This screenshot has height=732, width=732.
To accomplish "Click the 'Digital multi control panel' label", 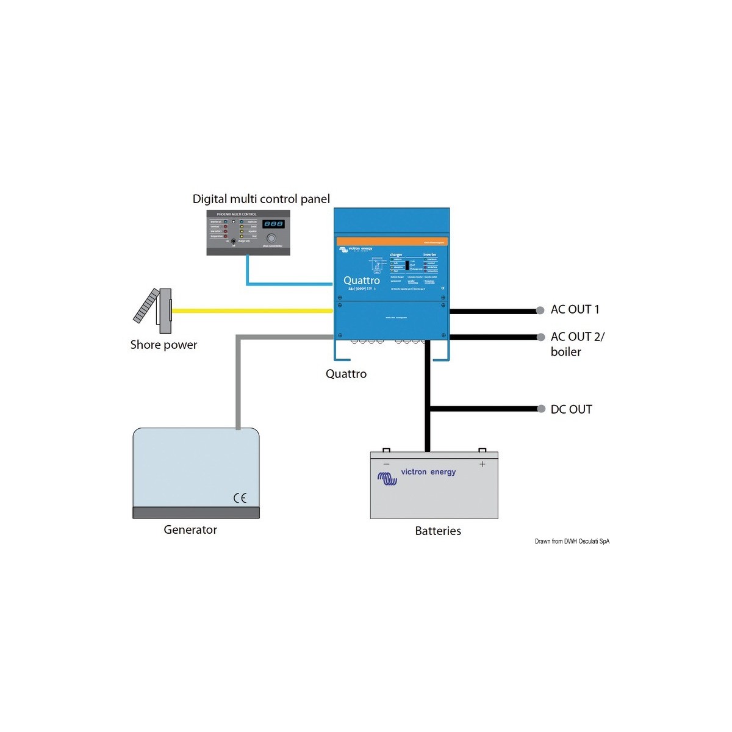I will coord(261,199).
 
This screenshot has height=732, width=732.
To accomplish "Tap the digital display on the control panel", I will coord(273,224).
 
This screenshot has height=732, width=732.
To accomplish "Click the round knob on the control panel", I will coord(271,238).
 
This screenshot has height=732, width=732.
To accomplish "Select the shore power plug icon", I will coord(154,310).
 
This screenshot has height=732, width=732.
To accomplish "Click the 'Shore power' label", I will coord(163,345).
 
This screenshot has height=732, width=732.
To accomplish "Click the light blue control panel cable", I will coord(287,284).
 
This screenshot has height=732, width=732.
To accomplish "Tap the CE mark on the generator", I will coord(240,498).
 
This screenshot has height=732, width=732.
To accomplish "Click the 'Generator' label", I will coord(190,529).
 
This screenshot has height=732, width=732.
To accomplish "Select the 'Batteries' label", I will coord(438,531).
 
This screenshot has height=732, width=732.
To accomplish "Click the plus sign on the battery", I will coord(483,464).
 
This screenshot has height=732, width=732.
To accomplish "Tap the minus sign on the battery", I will coord(386,464).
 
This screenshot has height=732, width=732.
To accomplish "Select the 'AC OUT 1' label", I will coord(575,309).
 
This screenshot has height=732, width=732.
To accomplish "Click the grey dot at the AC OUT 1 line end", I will coord(540,310).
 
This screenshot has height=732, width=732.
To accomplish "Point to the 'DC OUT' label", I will coord(571,409).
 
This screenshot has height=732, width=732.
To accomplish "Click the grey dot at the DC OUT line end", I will coord(540,409).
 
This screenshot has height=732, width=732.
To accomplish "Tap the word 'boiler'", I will coord(565,352).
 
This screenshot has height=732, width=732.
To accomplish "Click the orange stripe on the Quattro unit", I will coord(392,242).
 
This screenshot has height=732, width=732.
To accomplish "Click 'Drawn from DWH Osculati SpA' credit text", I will coord(572,541).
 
